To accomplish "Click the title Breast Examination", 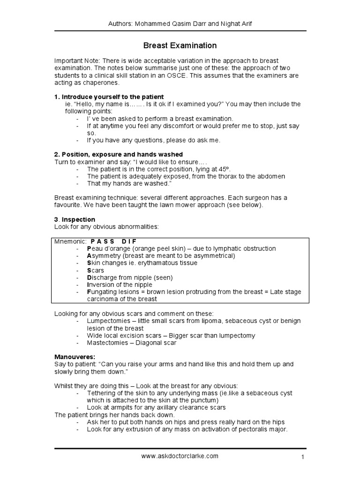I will [x=180, y=45].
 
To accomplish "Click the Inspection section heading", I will [x=77, y=219].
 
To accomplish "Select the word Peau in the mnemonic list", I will [x=95, y=248].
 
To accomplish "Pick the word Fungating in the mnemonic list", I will [x=104, y=292].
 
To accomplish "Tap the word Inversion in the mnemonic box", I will [x=101, y=285].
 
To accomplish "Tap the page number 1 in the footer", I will [x=304, y=457].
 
